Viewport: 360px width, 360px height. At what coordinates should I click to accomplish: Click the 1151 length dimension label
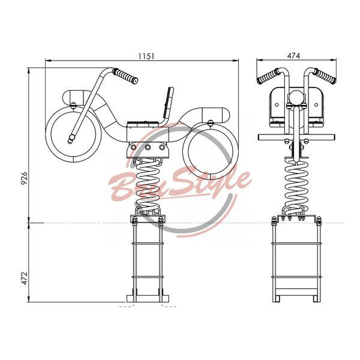point(146,56)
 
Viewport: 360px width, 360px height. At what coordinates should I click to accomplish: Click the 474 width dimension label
point(293,56)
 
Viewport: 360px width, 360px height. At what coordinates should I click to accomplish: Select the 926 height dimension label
point(24,178)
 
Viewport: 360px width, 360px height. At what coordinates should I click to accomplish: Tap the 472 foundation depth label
point(25,278)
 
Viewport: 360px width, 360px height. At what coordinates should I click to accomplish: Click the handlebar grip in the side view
point(125,76)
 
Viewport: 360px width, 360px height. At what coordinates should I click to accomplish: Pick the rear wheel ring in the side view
point(210,152)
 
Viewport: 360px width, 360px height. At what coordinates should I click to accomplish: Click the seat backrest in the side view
point(169,103)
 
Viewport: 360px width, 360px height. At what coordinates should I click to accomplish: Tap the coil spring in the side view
point(147,184)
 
